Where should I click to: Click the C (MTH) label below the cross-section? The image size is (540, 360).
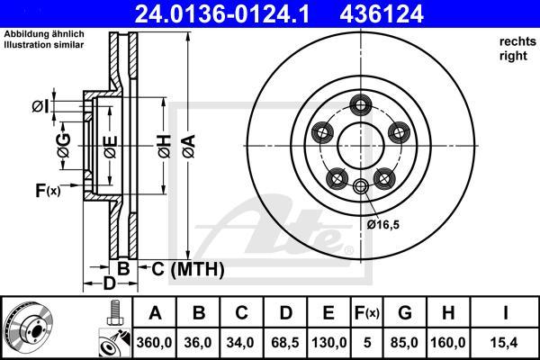click(184, 267)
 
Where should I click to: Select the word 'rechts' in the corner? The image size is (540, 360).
click(514, 42)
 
